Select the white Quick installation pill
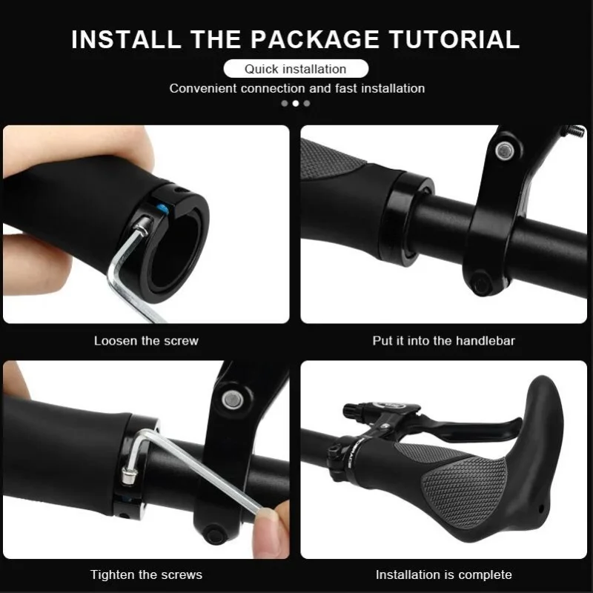click(x=296, y=69)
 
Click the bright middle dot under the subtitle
click(x=296, y=103)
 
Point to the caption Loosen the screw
click(x=146, y=341)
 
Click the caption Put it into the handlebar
click(x=443, y=341)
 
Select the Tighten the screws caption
click(x=146, y=574)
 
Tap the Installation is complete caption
click(x=443, y=574)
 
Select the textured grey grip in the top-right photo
click(x=330, y=159)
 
